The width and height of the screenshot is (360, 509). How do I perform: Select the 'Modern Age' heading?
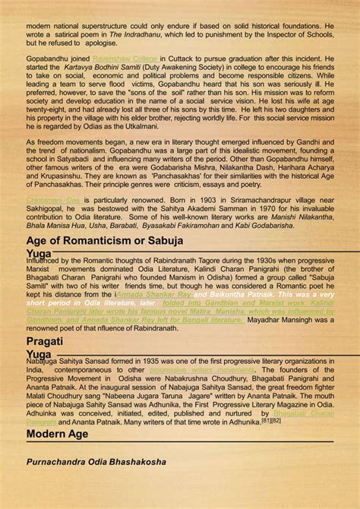click(58, 434)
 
